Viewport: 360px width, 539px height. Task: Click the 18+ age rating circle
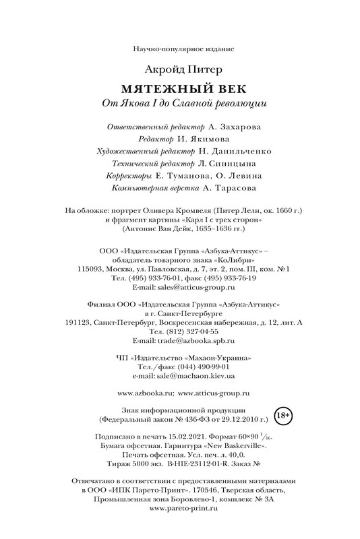coord(284,414)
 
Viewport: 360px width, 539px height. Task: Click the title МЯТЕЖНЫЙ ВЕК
coord(179,90)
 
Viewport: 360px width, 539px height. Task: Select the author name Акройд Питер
coord(179,69)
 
